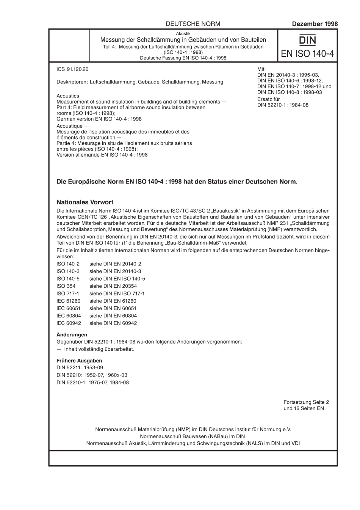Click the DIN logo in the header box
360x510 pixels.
307,40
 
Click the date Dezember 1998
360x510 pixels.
315,24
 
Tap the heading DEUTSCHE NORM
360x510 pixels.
193,24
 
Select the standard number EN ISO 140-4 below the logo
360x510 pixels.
307,53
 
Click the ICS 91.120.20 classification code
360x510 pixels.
72,69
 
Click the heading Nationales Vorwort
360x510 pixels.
85,202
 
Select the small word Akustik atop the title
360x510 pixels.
183,34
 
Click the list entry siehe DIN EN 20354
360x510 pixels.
113,286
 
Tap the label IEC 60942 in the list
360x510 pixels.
68,323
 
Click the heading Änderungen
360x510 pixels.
72,334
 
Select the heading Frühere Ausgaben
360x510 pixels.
79,361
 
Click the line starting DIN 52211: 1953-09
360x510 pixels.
80,367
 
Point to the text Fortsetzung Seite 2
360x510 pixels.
306,402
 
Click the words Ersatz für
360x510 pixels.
268,99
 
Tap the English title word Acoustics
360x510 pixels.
68,96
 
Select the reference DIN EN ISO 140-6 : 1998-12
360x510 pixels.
290,81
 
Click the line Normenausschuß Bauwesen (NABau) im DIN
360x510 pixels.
193,436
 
